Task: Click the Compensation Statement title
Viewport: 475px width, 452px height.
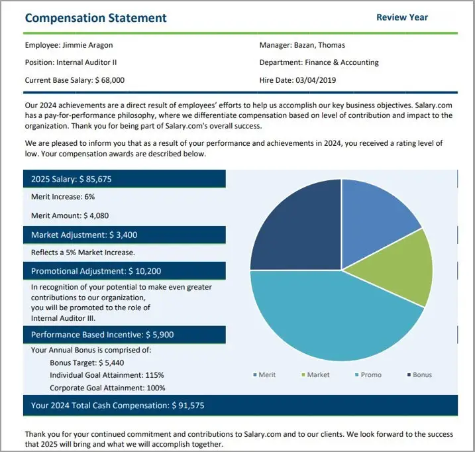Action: coord(95,18)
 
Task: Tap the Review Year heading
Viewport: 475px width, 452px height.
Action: coord(402,17)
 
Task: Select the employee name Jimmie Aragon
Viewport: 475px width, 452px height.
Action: coord(87,45)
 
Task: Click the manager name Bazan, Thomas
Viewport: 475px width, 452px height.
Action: coord(319,45)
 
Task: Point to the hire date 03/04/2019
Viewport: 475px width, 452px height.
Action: coord(315,80)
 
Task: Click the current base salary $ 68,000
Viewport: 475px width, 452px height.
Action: coord(110,80)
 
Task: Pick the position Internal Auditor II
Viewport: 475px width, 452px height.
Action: coord(86,62)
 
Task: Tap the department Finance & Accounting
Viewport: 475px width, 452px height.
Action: coord(342,62)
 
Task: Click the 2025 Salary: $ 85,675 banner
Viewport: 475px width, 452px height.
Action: coord(125,179)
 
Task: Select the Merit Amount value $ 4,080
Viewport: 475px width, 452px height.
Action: coord(96,215)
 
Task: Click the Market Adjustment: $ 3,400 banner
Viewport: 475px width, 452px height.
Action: coord(125,235)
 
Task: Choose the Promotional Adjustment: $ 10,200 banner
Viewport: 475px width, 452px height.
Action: coord(125,270)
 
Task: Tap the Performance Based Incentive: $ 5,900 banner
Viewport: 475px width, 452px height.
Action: coord(125,335)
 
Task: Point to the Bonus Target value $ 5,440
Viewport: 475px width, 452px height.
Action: coord(111,363)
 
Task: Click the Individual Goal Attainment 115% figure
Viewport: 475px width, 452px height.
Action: coord(154,375)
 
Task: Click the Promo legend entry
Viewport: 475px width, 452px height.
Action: coord(368,375)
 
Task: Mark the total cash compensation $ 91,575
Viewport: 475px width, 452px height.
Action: coord(188,406)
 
